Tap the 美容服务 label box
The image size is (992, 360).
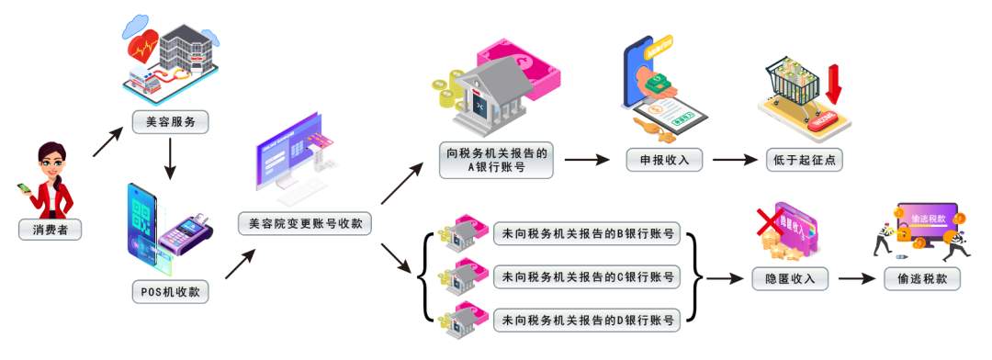tap(170, 120)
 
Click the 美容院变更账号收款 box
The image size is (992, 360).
tap(305, 223)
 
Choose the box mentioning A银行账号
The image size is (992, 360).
tap(495, 160)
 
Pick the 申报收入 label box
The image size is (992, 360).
tap(665, 159)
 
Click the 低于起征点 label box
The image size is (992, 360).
tap(803, 159)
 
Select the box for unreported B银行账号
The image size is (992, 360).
tap(587, 234)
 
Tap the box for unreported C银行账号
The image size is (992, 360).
tap(587, 277)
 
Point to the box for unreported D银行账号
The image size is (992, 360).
tap(587, 321)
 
